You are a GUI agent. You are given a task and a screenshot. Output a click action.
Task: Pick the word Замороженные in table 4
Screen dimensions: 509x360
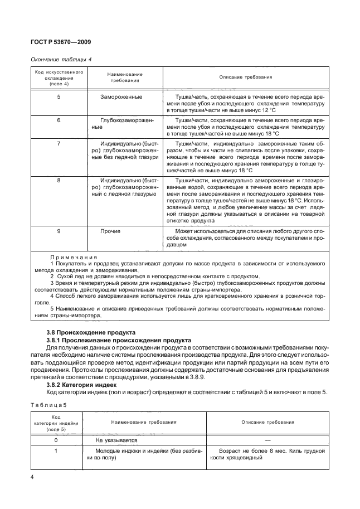coord(121,97)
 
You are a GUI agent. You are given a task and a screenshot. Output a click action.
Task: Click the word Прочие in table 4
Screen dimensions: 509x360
coord(110,231)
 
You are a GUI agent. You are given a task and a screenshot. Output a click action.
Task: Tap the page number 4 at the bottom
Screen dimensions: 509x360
coord(32,477)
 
